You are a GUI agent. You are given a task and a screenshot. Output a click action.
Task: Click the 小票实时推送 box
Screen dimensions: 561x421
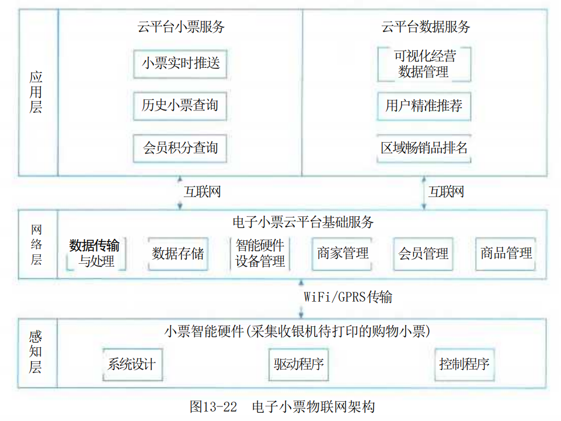click(180, 64)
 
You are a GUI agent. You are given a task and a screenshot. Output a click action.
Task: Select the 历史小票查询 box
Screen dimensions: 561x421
click(180, 106)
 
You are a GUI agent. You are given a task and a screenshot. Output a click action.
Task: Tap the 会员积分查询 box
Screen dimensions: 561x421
click(180, 149)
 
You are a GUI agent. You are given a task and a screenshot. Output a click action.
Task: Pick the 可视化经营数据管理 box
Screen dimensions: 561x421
click(424, 64)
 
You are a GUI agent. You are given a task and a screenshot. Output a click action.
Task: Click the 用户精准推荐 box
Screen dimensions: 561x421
click(424, 106)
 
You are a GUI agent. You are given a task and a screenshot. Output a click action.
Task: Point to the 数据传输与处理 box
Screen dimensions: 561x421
click(96, 253)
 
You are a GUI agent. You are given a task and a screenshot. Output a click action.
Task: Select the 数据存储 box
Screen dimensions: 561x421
click(178, 253)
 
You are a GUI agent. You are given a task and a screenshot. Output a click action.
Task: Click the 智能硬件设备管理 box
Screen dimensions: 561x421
click(260, 253)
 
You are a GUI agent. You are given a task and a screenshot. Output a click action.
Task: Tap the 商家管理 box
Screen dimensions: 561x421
click(342, 253)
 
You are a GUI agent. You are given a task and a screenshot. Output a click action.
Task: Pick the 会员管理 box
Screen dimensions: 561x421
click(423, 253)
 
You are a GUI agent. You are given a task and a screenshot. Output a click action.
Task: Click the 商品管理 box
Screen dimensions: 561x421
click(506, 253)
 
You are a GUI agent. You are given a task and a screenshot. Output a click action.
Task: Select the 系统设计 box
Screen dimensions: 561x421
click(133, 364)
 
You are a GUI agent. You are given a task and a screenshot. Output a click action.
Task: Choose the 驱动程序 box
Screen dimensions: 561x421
click(299, 364)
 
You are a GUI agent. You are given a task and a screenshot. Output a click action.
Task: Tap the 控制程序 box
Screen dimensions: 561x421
click(465, 364)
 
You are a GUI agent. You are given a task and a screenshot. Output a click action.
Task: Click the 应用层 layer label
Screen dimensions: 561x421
click(36, 92)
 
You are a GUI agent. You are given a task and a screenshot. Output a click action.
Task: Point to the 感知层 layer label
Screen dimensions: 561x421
click(36, 352)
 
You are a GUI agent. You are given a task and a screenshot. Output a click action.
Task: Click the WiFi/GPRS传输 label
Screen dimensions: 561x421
click(348, 297)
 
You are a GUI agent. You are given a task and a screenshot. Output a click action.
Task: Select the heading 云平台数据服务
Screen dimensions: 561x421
click(426, 27)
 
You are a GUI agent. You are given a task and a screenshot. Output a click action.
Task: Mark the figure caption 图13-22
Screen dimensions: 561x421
click(213, 406)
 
